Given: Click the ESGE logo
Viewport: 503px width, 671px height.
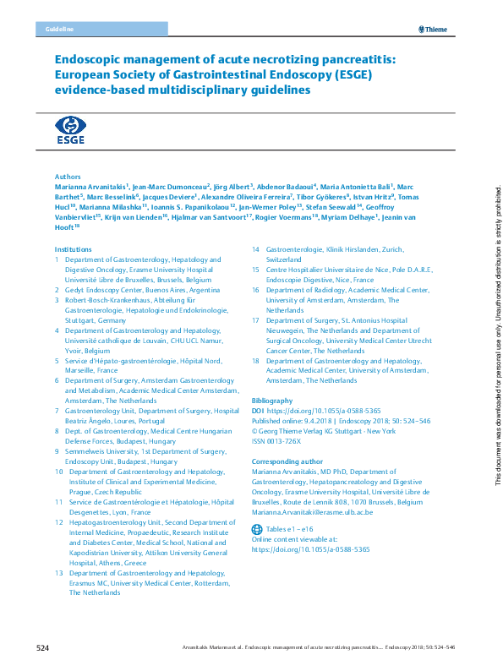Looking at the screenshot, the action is [70, 131].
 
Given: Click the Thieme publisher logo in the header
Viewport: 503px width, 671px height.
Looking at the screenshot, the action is [433, 30].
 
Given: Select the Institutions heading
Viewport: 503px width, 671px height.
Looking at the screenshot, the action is [73, 249].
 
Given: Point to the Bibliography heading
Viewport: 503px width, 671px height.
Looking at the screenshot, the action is [272, 400].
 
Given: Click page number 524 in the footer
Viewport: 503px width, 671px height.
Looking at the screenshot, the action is [43, 648].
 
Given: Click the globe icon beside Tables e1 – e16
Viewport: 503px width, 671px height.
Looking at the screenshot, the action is [258, 528].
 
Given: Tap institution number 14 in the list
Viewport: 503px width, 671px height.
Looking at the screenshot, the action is [256, 250].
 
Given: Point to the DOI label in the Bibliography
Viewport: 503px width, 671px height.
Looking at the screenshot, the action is [258, 410].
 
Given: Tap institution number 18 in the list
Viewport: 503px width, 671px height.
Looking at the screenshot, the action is [256, 361].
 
